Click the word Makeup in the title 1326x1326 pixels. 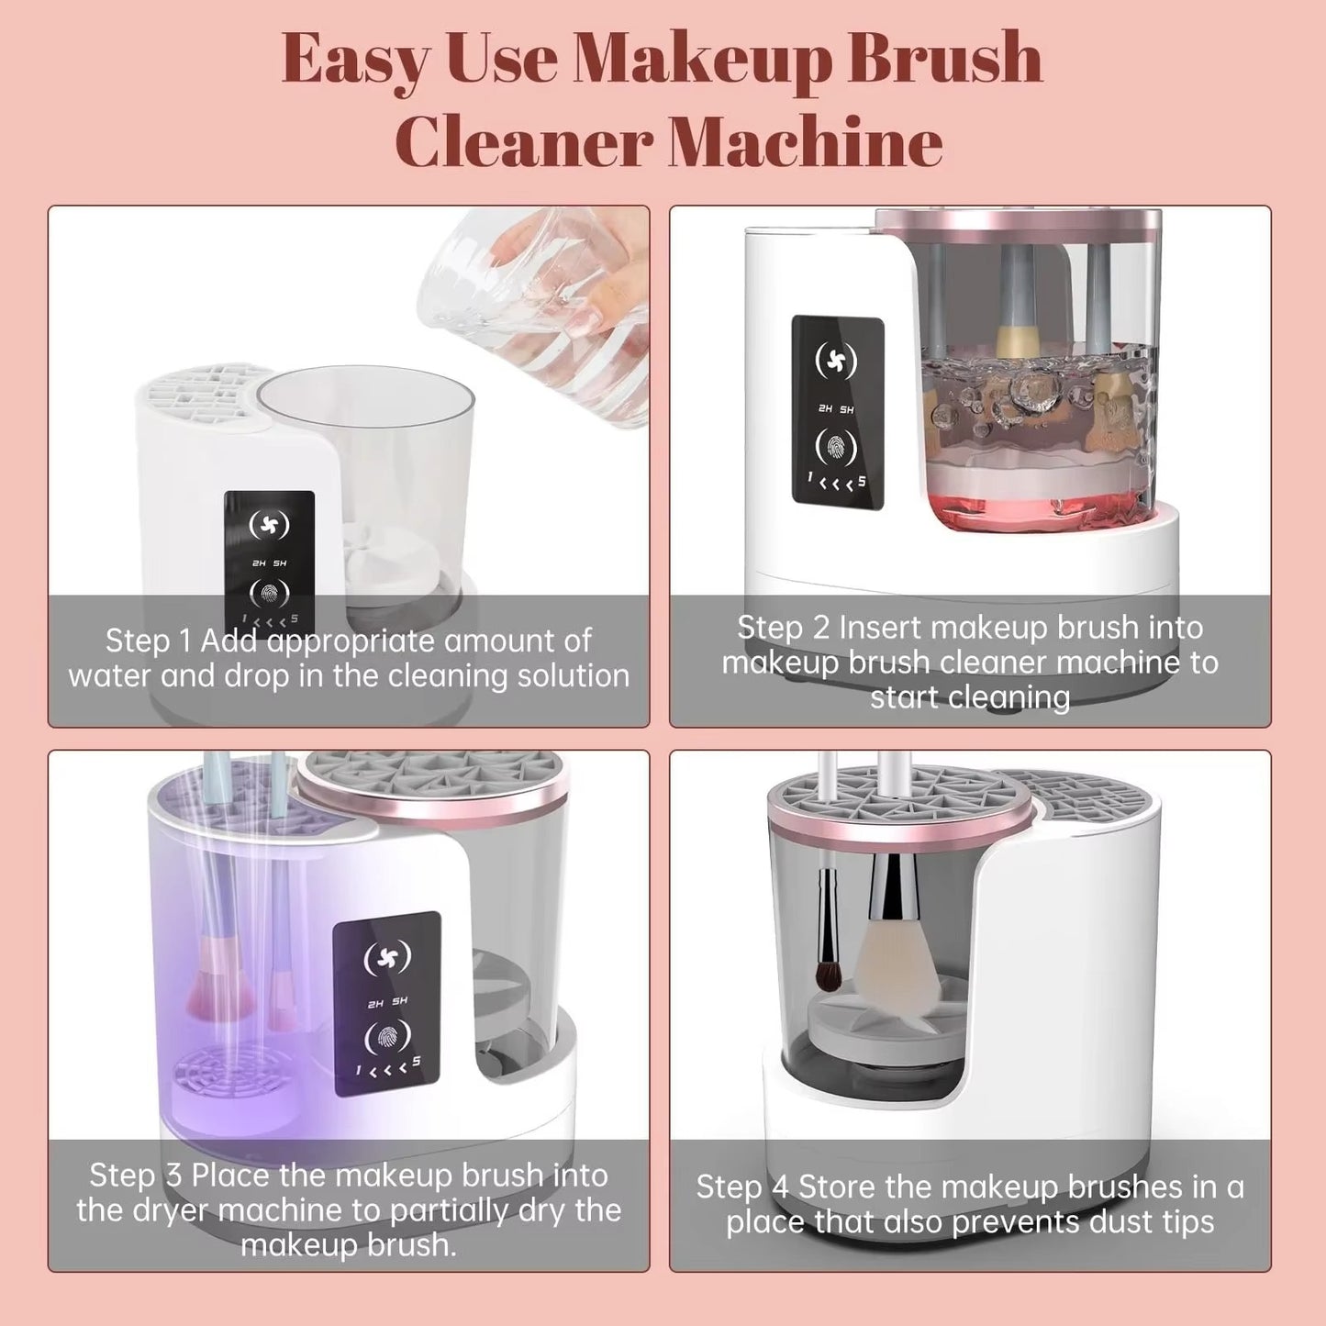point(702,60)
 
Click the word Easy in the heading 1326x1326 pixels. point(355,60)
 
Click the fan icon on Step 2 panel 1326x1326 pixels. point(836,361)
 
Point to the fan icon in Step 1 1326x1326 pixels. point(269,525)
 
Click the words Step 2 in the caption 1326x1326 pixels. point(784,628)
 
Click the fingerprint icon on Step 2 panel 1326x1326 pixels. point(836,447)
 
